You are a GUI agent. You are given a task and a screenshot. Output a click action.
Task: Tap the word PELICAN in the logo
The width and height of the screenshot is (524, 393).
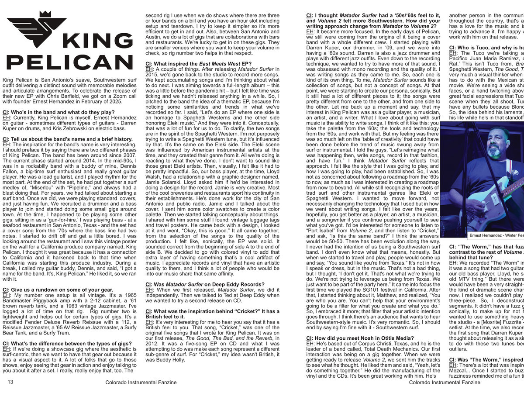coord(70,62)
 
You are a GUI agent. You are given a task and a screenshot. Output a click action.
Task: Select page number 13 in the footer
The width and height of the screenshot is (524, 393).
coord(10,382)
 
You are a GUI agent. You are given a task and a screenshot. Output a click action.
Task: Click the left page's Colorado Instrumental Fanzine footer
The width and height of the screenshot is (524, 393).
coord(141,383)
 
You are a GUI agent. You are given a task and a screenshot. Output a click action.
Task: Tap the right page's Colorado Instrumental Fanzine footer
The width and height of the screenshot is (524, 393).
coord(445,383)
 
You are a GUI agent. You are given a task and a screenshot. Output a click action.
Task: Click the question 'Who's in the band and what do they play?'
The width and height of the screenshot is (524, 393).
coord(56,112)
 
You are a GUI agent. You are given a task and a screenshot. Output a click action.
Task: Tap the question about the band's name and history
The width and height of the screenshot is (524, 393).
coord(67,139)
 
